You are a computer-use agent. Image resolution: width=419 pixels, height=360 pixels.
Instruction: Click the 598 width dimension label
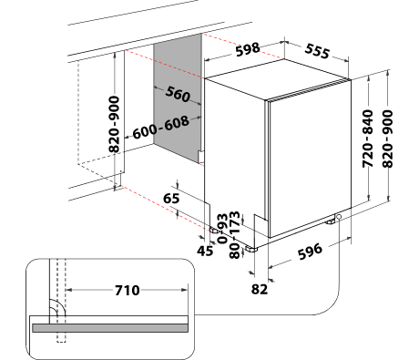(x=248, y=49)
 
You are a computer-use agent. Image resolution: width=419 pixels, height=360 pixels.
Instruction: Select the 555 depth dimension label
(x=317, y=51)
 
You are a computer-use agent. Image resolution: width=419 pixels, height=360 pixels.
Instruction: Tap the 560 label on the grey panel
(x=178, y=94)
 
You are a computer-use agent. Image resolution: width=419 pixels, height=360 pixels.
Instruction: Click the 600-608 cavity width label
(x=161, y=128)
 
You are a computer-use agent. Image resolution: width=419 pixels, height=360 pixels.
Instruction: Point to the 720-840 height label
(x=368, y=139)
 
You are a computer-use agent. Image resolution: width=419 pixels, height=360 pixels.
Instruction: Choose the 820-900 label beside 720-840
(x=387, y=139)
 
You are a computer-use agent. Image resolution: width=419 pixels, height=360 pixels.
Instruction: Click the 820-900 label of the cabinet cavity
(x=114, y=124)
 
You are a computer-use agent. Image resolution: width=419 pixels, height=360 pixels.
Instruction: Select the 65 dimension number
(x=171, y=199)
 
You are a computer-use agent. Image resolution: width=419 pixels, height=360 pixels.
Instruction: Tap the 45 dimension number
(x=205, y=251)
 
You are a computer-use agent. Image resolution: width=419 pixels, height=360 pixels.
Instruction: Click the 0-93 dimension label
(x=222, y=229)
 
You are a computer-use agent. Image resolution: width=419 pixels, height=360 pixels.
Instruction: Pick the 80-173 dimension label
(x=235, y=235)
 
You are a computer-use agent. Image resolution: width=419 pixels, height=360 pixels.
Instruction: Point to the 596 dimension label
(x=310, y=252)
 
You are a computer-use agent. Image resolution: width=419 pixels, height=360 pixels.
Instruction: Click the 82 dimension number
(x=260, y=289)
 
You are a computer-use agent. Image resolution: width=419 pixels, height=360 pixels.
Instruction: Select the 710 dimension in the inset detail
(x=128, y=291)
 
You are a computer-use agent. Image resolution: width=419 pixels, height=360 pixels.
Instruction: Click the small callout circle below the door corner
(x=339, y=217)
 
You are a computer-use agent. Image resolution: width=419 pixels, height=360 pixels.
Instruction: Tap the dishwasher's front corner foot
(x=251, y=250)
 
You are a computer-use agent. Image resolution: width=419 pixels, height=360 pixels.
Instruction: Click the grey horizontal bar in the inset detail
(x=110, y=328)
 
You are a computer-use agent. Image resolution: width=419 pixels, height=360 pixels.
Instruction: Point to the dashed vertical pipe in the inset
(x=61, y=301)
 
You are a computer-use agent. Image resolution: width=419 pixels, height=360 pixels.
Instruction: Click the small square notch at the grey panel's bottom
(x=201, y=157)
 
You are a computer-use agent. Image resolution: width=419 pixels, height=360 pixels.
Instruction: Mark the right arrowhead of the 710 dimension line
(x=185, y=290)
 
